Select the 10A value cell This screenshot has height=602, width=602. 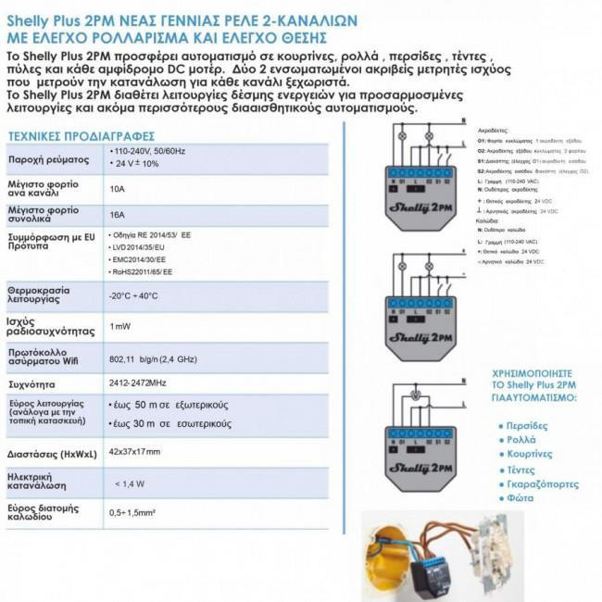click(117, 187)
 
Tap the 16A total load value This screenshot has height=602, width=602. click(117, 214)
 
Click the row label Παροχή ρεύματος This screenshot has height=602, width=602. click(48, 158)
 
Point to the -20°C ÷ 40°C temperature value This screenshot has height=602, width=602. click(133, 295)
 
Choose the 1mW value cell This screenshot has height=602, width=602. click(119, 326)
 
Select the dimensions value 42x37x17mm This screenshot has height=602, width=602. click(134, 451)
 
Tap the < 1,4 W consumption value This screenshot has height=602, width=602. click(130, 483)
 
